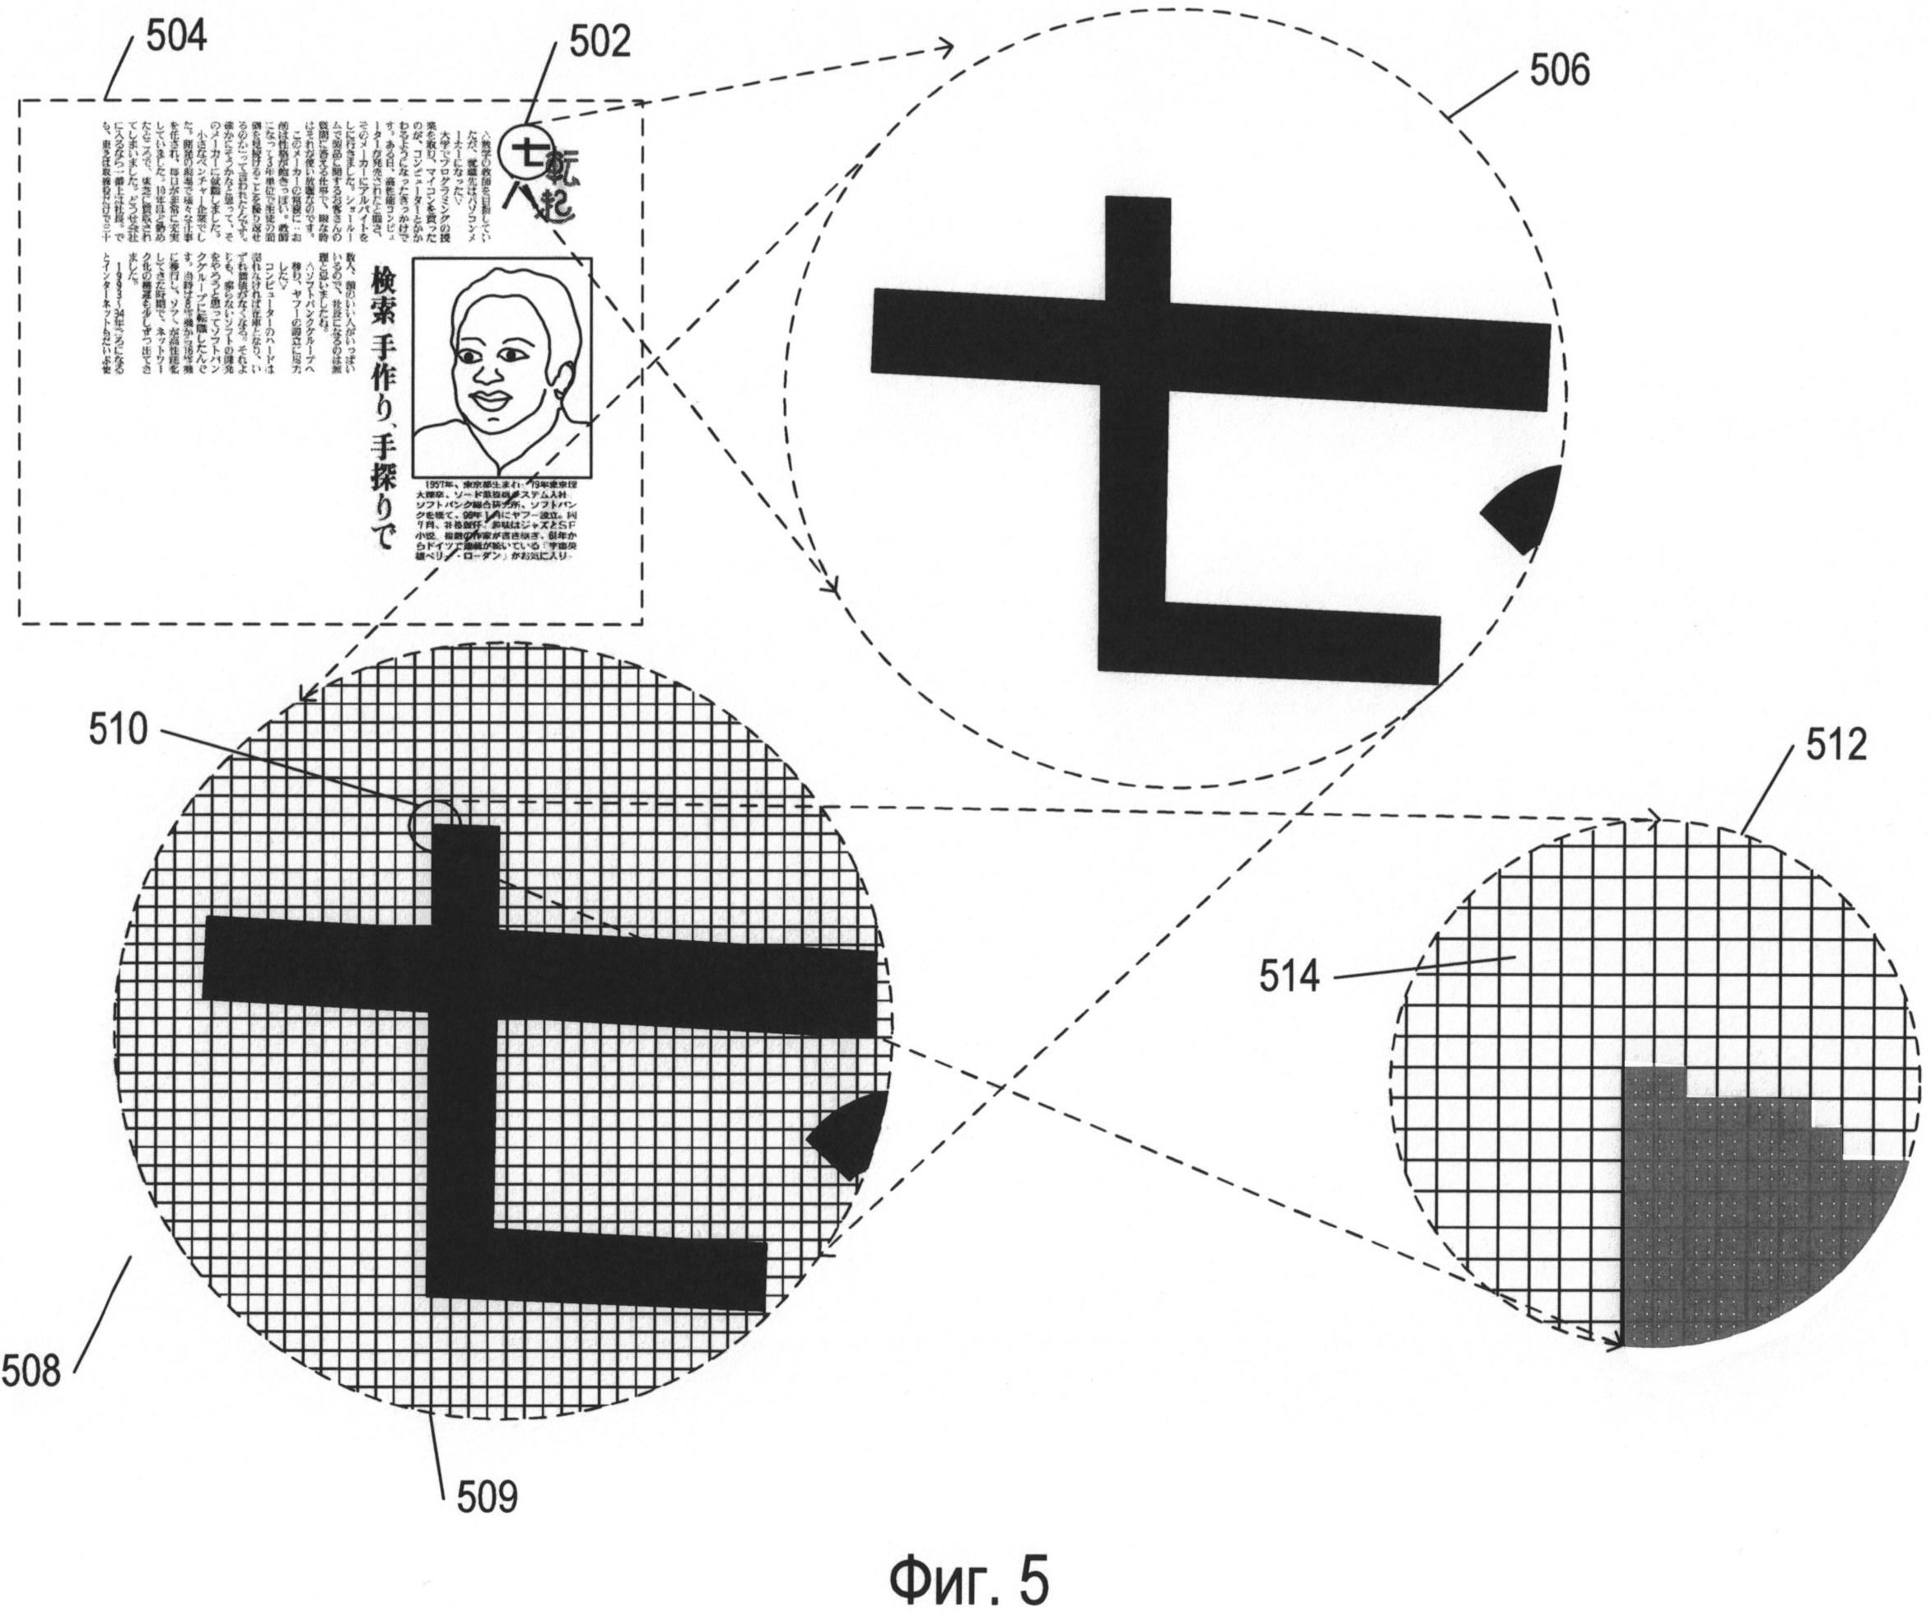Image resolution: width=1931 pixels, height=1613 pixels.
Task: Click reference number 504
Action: [x=175, y=38]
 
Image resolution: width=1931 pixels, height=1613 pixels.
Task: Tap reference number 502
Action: [x=599, y=42]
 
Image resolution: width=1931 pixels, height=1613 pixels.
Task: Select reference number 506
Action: [x=1559, y=71]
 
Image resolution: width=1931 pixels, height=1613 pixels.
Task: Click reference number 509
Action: [x=487, y=1497]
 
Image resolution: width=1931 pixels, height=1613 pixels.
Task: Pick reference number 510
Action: [x=118, y=731]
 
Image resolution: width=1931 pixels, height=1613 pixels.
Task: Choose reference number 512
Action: [x=1835, y=745]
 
